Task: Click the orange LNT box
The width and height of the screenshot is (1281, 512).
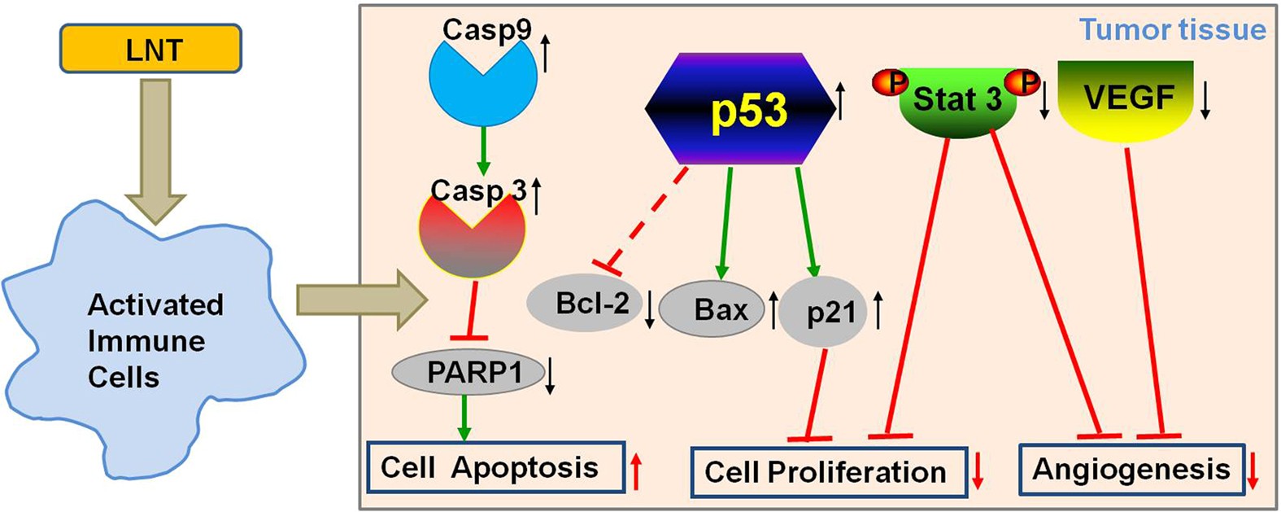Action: coord(150,49)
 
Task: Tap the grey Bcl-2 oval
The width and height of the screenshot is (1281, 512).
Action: coord(585,304)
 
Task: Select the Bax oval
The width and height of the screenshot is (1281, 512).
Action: coord(712,309)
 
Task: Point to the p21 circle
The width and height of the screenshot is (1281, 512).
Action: coord(823,313)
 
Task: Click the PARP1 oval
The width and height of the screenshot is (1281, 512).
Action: coord(468,372)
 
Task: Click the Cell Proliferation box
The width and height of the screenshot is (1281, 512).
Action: coord(828,471)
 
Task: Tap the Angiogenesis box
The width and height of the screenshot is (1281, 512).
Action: coord(1131,470)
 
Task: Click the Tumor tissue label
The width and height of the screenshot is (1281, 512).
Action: coord(1172,29)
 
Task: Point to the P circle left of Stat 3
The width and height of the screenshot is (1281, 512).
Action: coord(891,82)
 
